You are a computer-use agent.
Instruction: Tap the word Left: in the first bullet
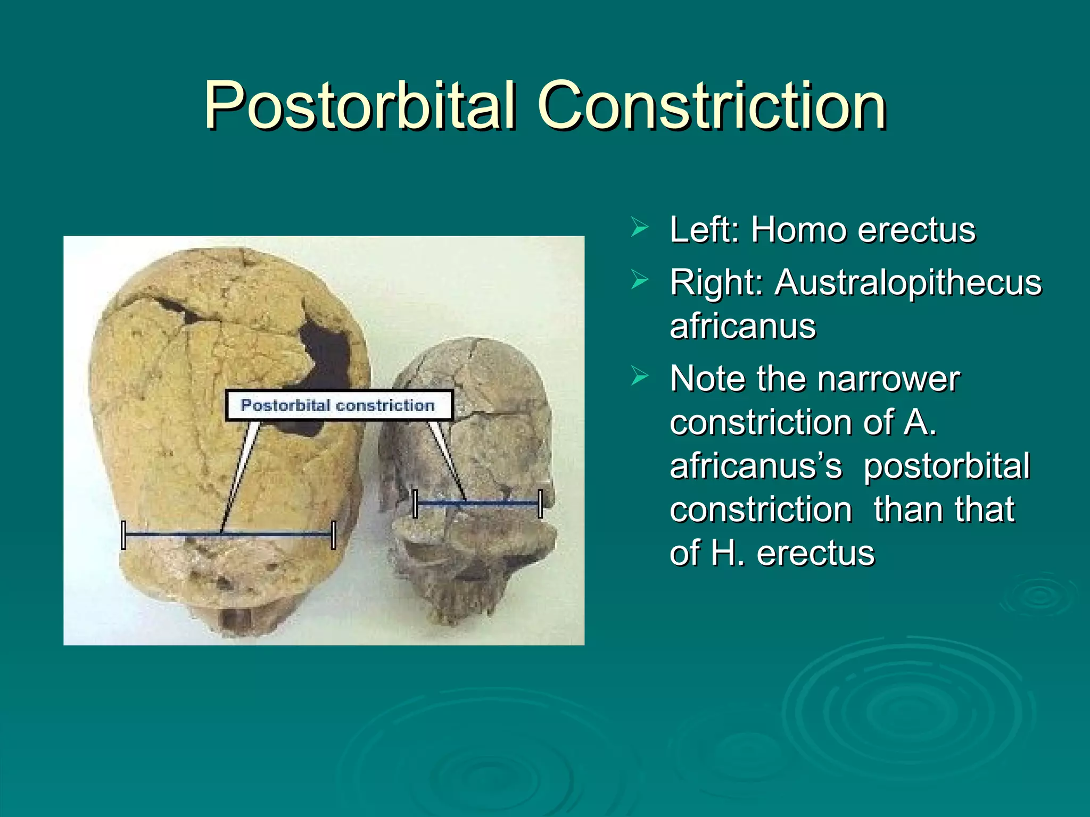coord(704,230)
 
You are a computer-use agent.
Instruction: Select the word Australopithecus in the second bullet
coord(908,282)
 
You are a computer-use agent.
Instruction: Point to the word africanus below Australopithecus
coord(742,326)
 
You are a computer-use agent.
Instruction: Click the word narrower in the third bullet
coord(888,379)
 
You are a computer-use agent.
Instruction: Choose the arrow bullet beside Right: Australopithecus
coord(639,280)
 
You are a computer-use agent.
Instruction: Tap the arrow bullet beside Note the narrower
coord(639,377)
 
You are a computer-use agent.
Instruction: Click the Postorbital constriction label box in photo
coord(338,405)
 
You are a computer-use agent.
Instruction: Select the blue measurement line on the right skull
coord(500,503)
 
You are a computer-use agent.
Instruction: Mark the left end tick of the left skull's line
coord(123,535)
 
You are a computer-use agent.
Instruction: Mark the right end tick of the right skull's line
coord(540,503)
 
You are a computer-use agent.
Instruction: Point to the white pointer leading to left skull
coord(240,473)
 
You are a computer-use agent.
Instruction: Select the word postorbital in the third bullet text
coord(946,466)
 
